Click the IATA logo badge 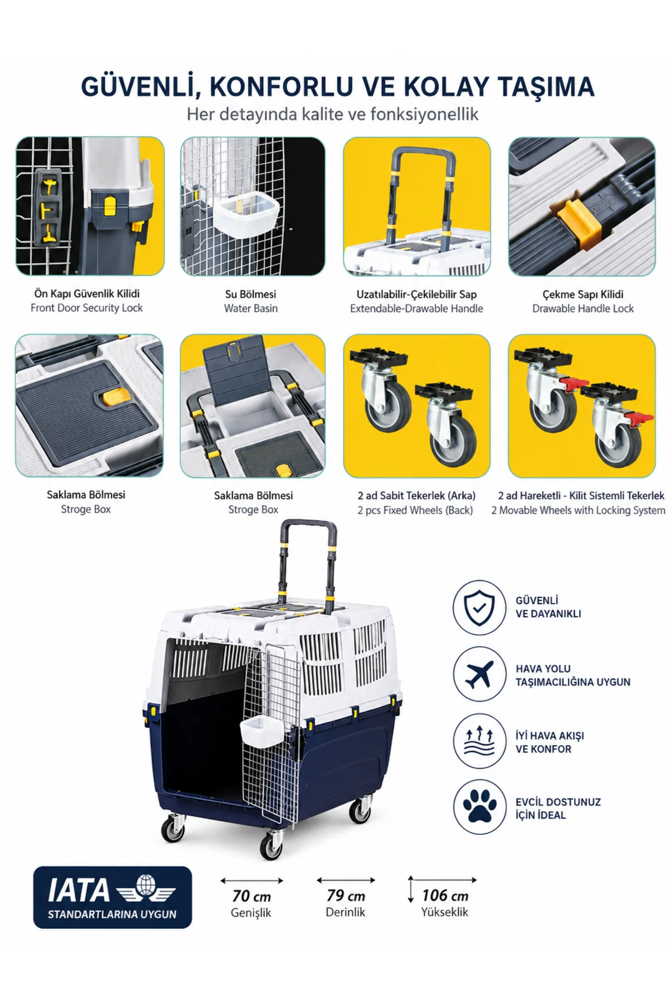tap(113, 897)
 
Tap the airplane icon tap(479, 675)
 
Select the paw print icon tap(479, 807)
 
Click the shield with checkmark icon tap(479, 608)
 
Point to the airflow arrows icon tap(479, 741)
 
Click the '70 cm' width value tap(251, 896)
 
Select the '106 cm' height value tap(445, 895)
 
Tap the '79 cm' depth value tap(346, 895)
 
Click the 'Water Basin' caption tap(251, 308)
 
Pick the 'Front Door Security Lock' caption tap(87, 308)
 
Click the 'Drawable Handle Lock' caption tap(583, 308)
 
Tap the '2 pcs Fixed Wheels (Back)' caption tap(415, 510)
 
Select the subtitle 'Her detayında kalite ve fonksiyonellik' tap(333, 114)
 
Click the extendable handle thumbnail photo tap(417, 206)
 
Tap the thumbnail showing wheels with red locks tap(582, 406)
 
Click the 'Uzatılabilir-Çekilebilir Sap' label tap(417, 294)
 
